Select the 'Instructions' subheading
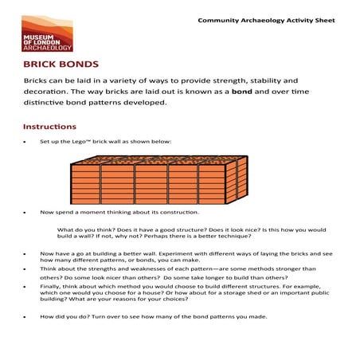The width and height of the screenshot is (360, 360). point(49,127)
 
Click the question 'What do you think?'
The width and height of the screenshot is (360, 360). point(83,229)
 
